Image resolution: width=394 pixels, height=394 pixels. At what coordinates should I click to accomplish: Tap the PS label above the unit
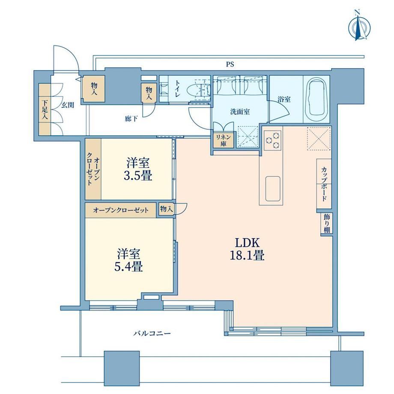coord(230,64)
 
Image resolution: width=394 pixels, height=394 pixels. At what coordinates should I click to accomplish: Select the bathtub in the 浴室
coord(316,99)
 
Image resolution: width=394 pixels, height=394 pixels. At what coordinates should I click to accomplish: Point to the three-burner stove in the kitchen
coord(273,140)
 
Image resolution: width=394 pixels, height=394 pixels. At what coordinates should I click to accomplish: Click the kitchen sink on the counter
coord(273,188)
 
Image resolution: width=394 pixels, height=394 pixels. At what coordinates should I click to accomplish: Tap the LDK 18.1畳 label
coord(247,249)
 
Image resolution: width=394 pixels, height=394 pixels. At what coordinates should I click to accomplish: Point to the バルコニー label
coord(152,334)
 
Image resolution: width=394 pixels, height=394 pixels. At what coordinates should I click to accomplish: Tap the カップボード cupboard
coord(324,184)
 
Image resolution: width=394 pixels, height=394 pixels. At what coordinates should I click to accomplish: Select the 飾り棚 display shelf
coord(326,223)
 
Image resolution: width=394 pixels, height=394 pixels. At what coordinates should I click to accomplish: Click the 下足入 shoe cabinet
coord(45,110)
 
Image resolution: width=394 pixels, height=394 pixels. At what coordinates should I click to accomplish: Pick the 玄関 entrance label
coord(68,105)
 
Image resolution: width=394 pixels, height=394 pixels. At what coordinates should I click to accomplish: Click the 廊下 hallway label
coord(131,119)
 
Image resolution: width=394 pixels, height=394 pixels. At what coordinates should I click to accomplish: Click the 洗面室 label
coord(240,112)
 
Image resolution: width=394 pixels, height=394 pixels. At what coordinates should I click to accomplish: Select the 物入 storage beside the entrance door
coord(94,89)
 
